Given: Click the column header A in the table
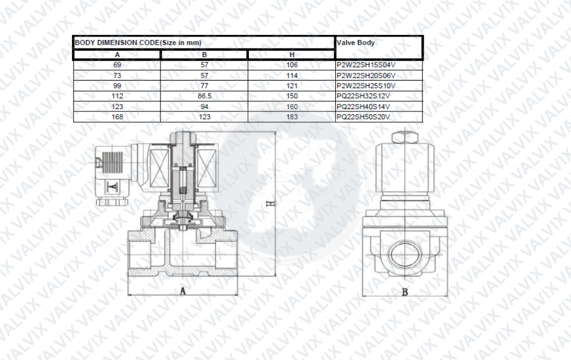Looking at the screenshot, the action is (x=117, y=55).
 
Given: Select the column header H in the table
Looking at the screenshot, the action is (x=292, y=55).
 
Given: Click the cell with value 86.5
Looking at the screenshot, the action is (x=204, y=96).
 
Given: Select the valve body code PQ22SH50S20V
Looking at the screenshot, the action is (x=363, y=117).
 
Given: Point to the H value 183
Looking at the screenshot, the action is (x=292, y=117).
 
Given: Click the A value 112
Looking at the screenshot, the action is (x=117, y=96).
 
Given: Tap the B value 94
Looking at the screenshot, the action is (x=204, y=107).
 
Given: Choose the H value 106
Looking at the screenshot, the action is (x=292, y=65).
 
